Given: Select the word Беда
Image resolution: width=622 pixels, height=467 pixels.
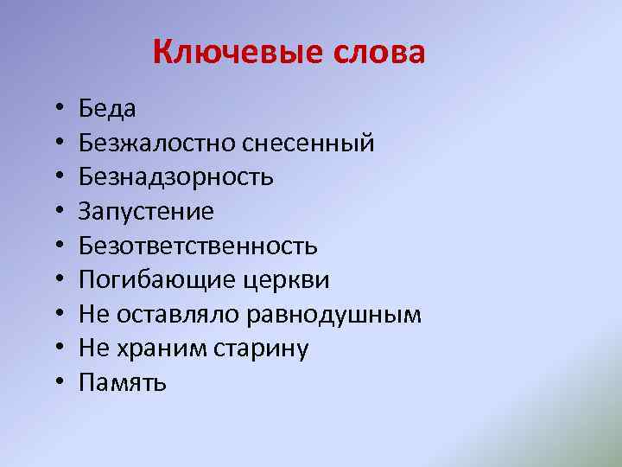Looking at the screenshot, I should coord(107,108).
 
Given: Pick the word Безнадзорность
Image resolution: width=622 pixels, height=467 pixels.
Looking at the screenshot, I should coord(176,177).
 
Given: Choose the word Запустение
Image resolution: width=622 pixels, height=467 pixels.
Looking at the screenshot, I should coord(146,211).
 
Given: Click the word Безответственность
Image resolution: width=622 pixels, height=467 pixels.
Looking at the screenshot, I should coord(198,246).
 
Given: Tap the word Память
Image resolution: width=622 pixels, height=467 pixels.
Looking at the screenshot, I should coord(122,383).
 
